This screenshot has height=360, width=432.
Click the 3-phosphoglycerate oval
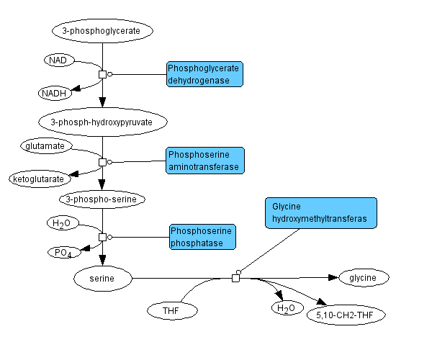102,31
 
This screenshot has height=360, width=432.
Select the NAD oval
59,60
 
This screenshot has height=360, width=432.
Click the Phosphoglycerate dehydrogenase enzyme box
204,74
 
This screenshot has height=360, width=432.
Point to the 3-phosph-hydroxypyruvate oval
103,122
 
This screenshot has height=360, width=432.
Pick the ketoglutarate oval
37,178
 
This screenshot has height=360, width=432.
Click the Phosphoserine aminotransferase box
204,161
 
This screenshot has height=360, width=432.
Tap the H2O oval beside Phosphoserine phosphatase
63,223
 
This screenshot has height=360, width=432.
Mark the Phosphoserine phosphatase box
204,237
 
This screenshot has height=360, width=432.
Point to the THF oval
171,310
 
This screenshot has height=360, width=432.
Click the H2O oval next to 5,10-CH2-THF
284,309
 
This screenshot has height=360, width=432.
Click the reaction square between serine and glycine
235,278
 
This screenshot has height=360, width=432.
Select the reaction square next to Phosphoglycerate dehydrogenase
102,74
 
